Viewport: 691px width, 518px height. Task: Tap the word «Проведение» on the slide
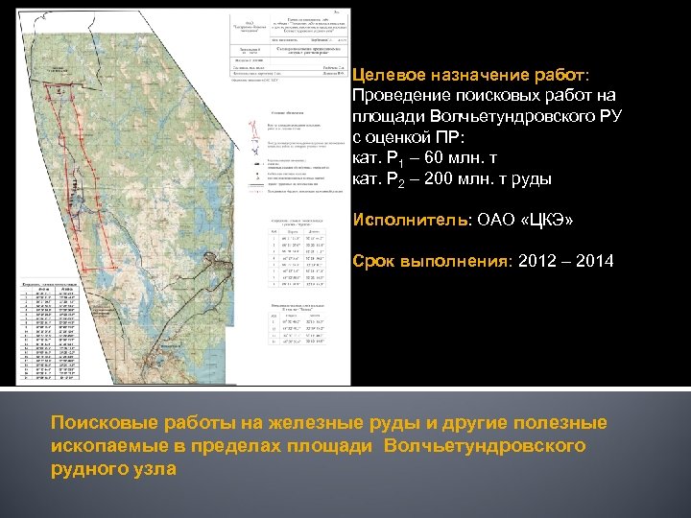397,97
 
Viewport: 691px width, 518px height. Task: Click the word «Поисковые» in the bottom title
102,424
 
